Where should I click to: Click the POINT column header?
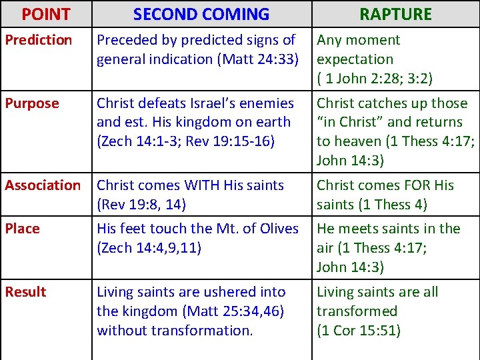pos(45,14)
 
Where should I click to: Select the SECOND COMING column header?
pos(201,14)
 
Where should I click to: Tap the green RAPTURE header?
pos(395,14)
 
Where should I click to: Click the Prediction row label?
pos(39,40)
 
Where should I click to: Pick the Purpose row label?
pos(32,103)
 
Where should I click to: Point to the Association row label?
pos(43,185)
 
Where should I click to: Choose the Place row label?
pos(23,229)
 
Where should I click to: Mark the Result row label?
pos(25,292)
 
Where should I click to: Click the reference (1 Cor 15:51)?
pos(359,330)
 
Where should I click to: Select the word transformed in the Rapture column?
pos(357,311)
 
